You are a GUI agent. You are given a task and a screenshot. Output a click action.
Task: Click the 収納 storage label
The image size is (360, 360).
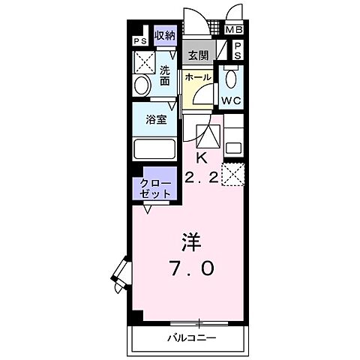pyautogui.click(x=166, y=36)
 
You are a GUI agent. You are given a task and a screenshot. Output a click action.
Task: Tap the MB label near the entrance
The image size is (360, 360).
pyautogui.click(x=235, y=30)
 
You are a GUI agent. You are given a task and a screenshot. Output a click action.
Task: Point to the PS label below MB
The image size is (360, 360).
pyautogui.click(x=236, y=50)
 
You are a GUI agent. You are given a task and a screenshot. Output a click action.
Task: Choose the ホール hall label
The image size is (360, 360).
pyautogui.click(x=198, y=77)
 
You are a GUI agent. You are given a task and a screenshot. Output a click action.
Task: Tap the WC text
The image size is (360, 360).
pyautogui.click(x=232, y=98)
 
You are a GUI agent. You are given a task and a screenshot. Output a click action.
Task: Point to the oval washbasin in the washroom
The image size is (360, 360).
pyautogui.click(x=141, y=86)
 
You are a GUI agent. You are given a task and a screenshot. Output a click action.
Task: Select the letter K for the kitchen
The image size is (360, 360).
pyautogui.click(x=201, y=157)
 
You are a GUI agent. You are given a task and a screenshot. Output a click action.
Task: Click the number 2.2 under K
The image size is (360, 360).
pyautogui.click(x=200, y=178)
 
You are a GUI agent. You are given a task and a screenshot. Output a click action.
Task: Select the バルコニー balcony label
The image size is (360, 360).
pyautogui.click(x=190, y=338)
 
